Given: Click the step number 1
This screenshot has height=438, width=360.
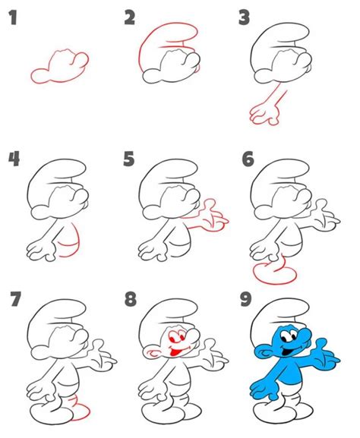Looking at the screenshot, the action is point(13,17).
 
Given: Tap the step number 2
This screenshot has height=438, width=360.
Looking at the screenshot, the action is point(130,17).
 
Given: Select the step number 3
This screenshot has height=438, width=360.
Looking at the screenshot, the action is point(244,17).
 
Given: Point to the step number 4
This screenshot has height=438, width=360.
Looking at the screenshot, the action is point(14,159).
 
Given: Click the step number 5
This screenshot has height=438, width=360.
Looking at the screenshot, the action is point(129,159).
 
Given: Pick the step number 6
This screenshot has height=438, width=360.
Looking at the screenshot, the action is point(248,159).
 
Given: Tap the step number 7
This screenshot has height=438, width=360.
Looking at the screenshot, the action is point(16,299).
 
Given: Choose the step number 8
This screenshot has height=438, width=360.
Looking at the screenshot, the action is point(131,299).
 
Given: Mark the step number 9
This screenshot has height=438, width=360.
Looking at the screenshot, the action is point(246,299).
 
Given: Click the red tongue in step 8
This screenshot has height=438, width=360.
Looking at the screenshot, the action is point(175,353).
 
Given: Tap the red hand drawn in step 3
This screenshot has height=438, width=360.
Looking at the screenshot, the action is point(264,114).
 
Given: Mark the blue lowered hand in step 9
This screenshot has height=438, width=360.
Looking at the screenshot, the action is point(264,389).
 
